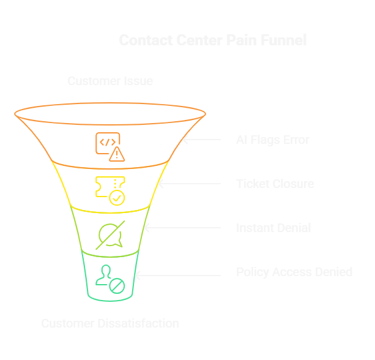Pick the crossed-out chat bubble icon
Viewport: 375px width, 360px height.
coord(110,234)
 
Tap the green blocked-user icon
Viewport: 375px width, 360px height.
coord(110,278)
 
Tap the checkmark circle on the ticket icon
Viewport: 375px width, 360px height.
coord(117,198)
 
